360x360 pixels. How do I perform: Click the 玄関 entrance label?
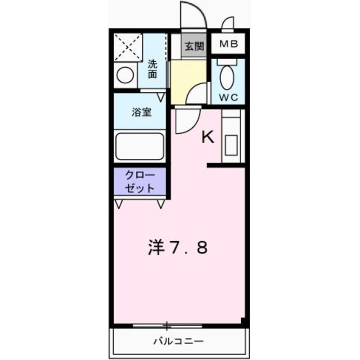coord(194,46)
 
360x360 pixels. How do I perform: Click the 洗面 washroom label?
coord(152,69)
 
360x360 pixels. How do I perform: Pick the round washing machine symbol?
coord(125,77)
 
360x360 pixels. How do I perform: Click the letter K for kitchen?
coord(207,137)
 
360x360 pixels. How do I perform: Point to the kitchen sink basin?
coord(231,144)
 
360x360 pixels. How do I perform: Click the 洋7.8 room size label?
coord(178,248)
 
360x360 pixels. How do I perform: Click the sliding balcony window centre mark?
coord(167,326)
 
